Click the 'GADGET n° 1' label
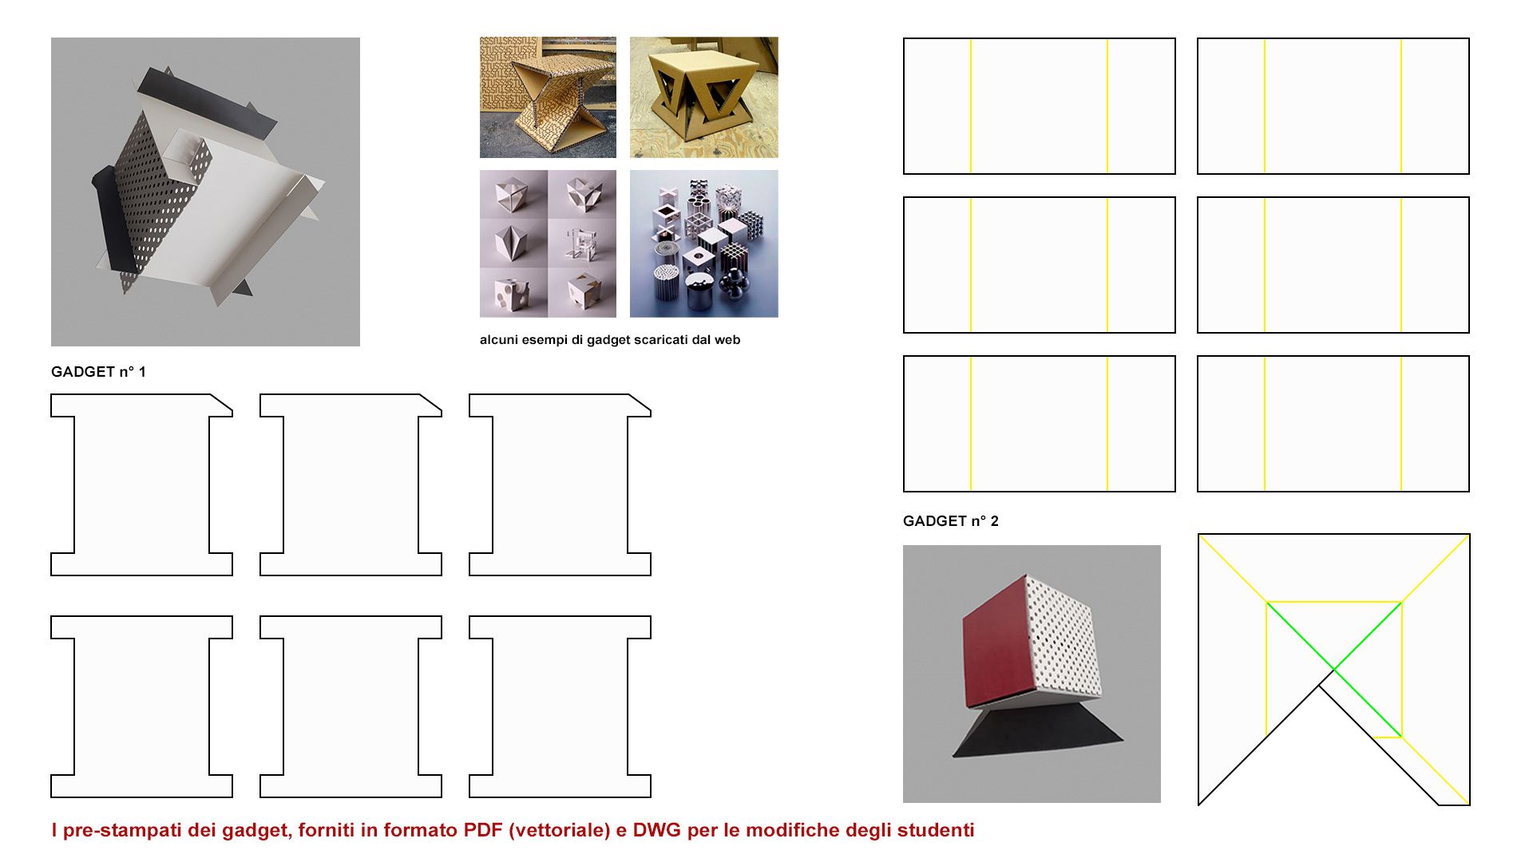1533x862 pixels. (98, 372)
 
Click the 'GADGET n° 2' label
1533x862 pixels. (950, 521)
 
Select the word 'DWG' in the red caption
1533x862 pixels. (656, 830)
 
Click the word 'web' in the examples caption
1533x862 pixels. (727, 340)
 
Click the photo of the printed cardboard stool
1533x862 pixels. (548, 97)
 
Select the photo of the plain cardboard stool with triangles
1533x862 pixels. (703, 97)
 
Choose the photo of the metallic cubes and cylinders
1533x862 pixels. (703, 243)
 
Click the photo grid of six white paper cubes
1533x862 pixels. (548, 243)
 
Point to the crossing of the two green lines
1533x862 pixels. (1333, 669)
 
